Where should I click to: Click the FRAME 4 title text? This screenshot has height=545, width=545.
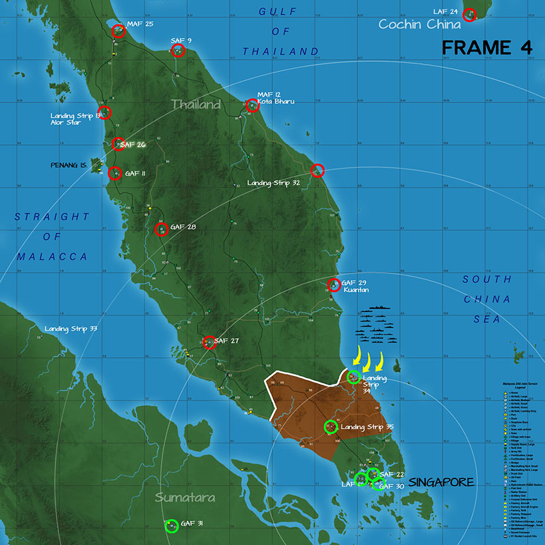(x=486, y=48)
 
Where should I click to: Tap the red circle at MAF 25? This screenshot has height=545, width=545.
(x=118, y=31)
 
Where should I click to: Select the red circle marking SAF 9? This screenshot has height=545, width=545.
(x=178, y=51)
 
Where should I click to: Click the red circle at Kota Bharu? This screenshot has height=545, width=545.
(x=252, y=105)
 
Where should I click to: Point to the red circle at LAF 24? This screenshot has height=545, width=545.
(x=469, y=15)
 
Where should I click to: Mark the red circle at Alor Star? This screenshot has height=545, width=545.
(x=104, y=112)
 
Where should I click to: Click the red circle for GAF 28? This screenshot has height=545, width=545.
(x=161, y=230)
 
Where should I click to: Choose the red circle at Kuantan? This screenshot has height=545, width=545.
(x=334, y=285)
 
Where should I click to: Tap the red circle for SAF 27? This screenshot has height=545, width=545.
(x=210, y=343)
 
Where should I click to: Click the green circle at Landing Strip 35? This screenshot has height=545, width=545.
(x=330, y=427)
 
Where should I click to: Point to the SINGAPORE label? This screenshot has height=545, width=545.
(x=441, y=482)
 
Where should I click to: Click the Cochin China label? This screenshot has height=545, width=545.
(x=419, y=25)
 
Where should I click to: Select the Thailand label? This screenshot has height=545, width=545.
(x=196, y=105)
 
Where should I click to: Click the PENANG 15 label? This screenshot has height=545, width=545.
(x=69, y=164)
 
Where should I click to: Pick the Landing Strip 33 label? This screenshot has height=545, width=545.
(x=71, y=329)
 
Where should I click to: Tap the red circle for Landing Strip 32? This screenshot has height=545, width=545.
(x=317, y=170)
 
